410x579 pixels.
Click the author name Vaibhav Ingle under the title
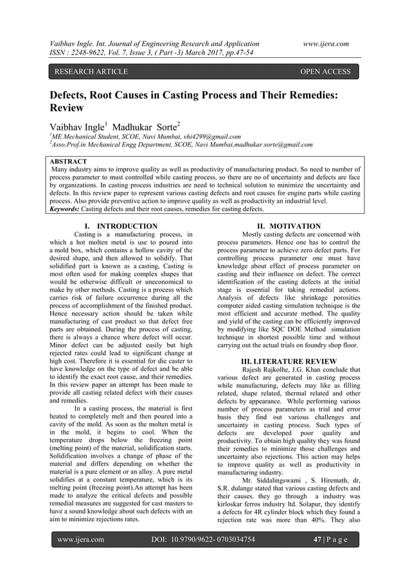75,126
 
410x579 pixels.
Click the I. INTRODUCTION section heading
122,226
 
